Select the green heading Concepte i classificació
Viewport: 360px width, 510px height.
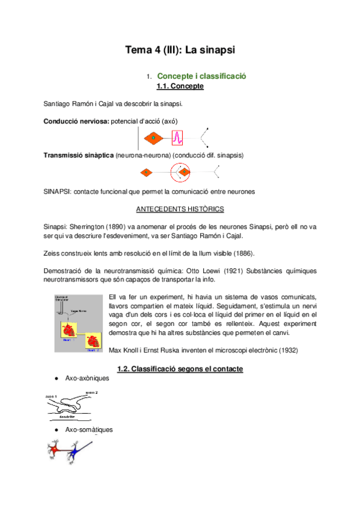point(201,76)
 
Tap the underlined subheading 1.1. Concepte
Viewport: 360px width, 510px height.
point(180,87)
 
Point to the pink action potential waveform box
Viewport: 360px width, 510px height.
point(177,139)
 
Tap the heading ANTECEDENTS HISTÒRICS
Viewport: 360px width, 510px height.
point(180,209)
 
